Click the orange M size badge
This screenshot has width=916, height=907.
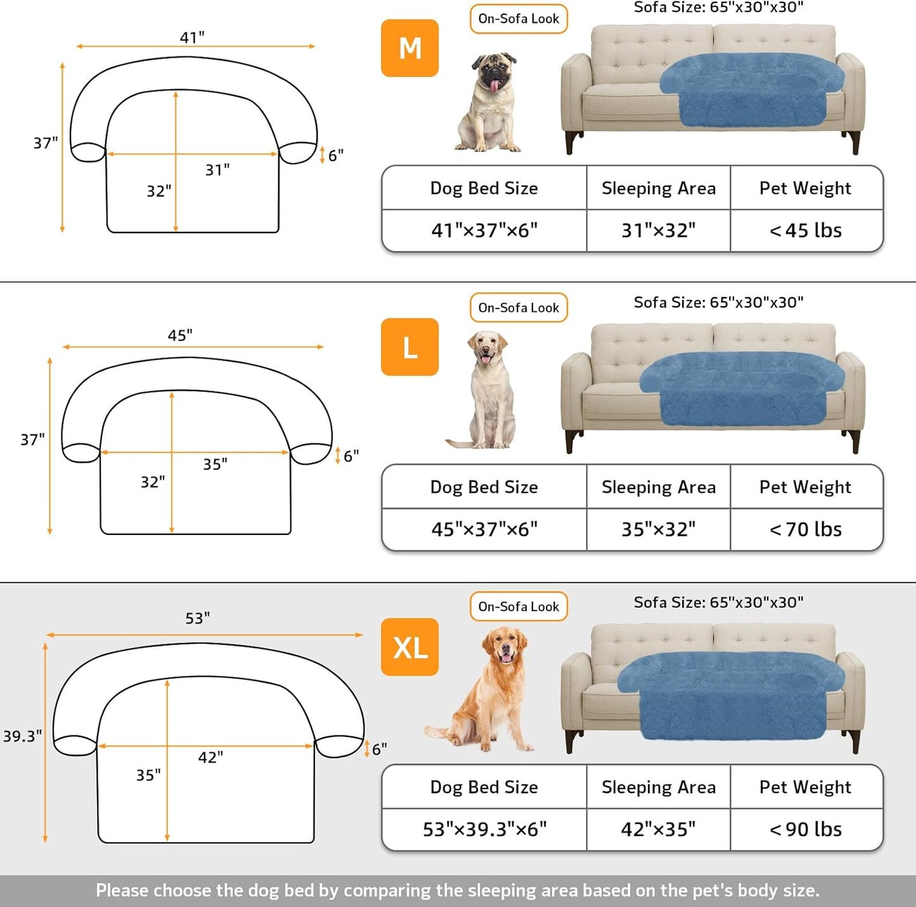click(x=410, y=48)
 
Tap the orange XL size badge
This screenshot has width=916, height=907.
click(x=410, y=647)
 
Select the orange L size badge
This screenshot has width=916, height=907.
click(x=410, y=347)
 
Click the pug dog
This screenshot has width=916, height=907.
click(x=489, y=103)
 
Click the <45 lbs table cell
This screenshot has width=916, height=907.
click(x=806, y=230)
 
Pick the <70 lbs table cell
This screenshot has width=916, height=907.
click(x=806, y=529)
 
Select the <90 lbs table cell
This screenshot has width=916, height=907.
click(x=806, y=829)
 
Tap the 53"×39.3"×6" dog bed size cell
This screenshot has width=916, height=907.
click(x=484, y=829)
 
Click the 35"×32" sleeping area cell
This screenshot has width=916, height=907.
click(x=658, y=529)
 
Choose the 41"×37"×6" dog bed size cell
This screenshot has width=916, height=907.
click(x=484, y=230)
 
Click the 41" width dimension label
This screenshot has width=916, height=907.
click(x=192, y=37)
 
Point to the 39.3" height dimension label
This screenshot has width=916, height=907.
click(x=22, y=736)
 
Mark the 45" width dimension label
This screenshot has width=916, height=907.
click(x=180, y=335)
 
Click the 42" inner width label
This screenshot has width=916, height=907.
click(x=210, y=757)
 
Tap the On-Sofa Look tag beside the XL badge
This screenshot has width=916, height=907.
click(x=519, y=607)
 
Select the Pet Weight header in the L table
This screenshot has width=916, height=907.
click(x=805, y=487)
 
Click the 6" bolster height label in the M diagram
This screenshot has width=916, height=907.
click(x=335, y=155)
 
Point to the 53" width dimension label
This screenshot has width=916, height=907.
click(x=197, y=618)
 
